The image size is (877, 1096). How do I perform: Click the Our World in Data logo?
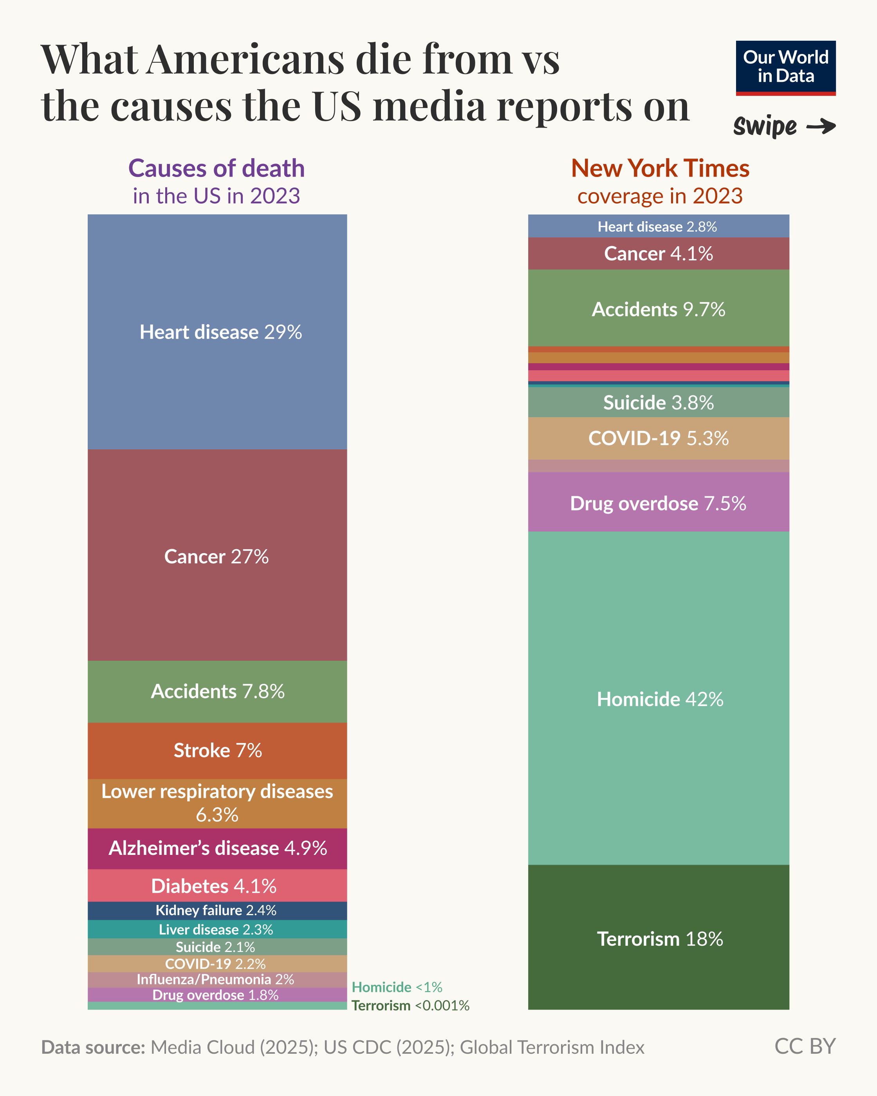[785, 68]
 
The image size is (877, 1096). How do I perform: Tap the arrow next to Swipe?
[821, 126]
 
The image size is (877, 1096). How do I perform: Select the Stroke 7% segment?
[217, 750]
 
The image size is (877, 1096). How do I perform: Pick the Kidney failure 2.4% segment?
[217, 910]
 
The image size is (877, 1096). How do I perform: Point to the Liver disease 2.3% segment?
[217, 929]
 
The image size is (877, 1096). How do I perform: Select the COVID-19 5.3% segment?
[659, 438]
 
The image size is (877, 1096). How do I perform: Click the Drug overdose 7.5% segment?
[659, 503]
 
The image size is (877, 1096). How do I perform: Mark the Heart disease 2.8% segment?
[659, 226]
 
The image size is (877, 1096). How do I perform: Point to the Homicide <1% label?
[397, 987]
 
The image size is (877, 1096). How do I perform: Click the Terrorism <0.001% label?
[410, 1006]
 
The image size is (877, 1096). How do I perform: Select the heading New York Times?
[660, 168]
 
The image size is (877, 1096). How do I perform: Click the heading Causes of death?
[217, 168]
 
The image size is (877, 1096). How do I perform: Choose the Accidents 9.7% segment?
[659, 309]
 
